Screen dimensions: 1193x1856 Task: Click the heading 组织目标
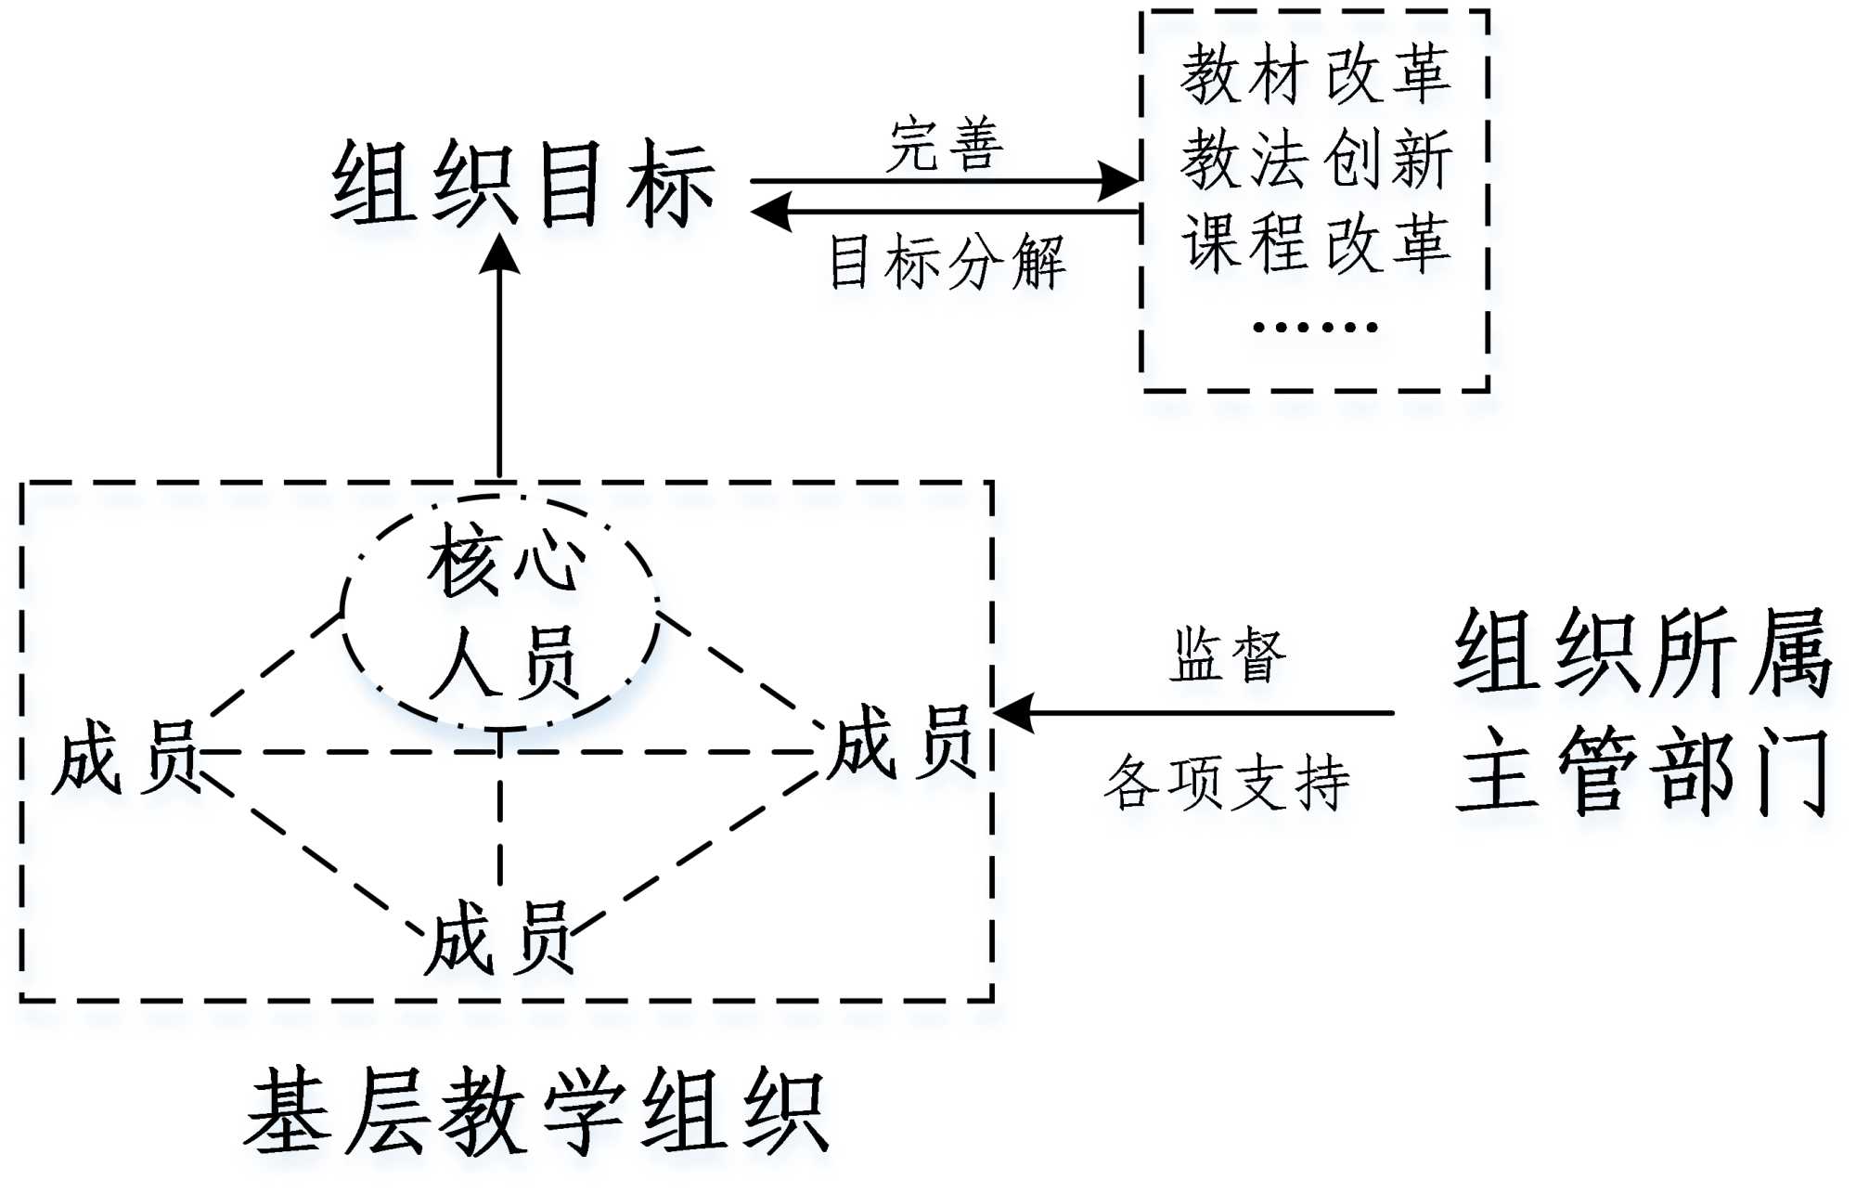pyautogui.click(x=522, y=184)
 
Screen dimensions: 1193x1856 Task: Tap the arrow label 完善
pyautogui.click(x=945, y=146)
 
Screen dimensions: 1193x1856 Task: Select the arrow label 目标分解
pyautogui.click(x=947, y=263)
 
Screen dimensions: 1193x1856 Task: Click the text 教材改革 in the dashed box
pyautogui.click(x=1315, y=74)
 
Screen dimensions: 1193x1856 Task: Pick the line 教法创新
pyautogui.click(x=1315, y=160)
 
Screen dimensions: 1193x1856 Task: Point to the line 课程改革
pyautogui.click(x=1315, y=243)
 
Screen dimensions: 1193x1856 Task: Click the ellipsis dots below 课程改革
pyautogui.click(x=1315, y=327)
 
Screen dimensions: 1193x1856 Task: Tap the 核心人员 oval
pyautogui.click(x=501, y=611)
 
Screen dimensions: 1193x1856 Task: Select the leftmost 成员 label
pyautogui.click(x=125, y=757)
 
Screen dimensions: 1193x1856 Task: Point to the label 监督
pyautogui.click(x=1227, y=655)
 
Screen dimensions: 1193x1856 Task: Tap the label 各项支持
pyautogui.click(x=1227, y=782)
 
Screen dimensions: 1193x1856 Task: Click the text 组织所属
pyautogui.click(x=1643, y=653)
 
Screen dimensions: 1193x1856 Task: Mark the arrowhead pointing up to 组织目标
pyautogui.click(x=499, y=253)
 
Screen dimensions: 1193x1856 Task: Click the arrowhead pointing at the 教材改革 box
pyautogui.click(x=1119, y=181)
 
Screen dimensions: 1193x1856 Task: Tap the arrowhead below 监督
pyautogui.click(x=1013, y=713)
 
